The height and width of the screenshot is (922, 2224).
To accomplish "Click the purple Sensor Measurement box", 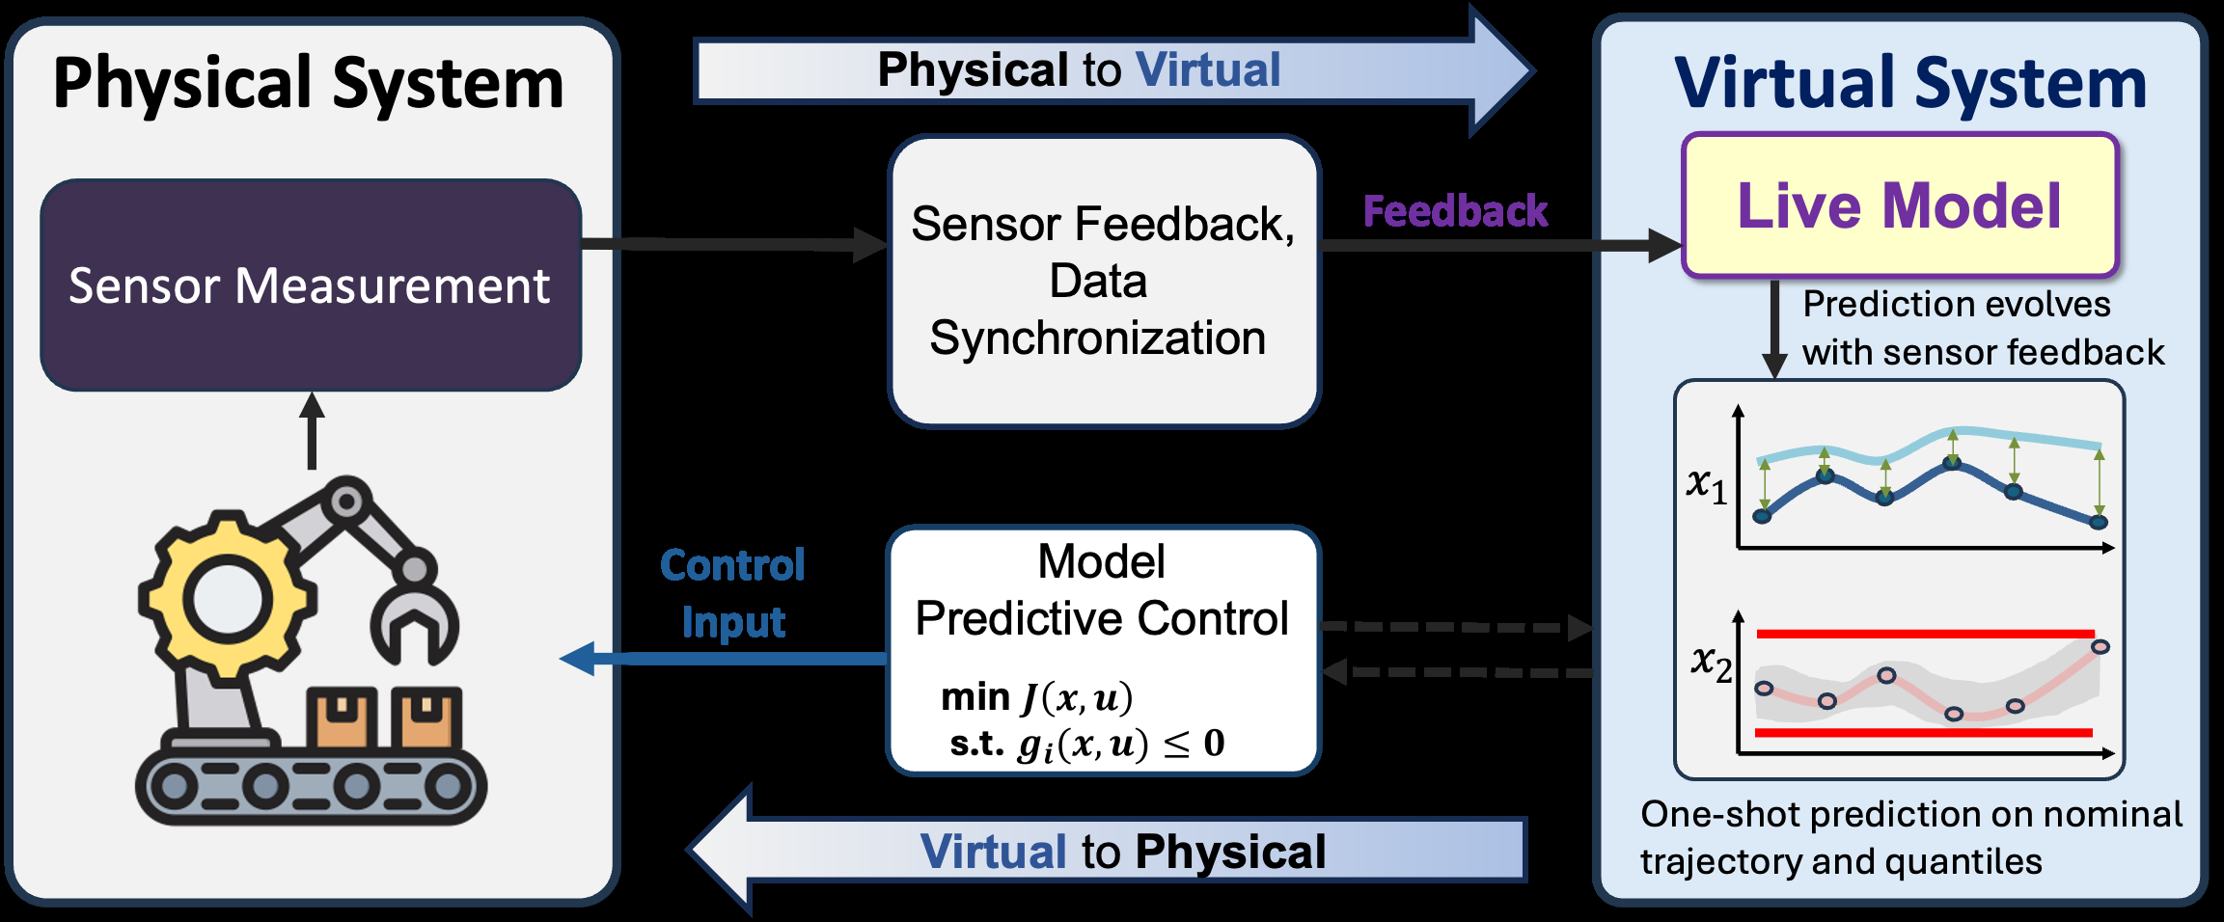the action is (x=311, y=285).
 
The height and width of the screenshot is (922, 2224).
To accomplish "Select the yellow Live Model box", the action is (x=1900, y=205).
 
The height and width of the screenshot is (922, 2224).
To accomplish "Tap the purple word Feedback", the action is (x=1455, y=211).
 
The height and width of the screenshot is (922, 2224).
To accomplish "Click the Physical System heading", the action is (x=308, y=84).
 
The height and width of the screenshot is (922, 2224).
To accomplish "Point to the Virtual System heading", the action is (x=1910, y=84).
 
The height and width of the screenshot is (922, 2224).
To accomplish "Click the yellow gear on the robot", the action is (x=227, y=598).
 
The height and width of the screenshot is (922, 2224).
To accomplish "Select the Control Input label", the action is (x=732, y=593).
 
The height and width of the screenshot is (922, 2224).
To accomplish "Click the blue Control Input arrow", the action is (x=724, y=659).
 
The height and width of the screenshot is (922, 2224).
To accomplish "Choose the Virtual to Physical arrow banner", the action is (x=1107, y=851).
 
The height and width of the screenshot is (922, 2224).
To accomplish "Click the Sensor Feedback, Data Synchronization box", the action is (x=1104, y=281).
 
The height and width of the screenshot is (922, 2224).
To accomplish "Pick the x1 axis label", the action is (x=1707, y=484).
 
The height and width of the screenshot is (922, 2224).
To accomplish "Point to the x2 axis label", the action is (x=1711, y=664).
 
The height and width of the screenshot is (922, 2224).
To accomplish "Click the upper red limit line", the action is (x=1925, y=634).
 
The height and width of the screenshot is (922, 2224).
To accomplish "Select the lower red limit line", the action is (x=1923, y=733).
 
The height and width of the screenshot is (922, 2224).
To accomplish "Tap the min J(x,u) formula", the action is (x=1037, y=697).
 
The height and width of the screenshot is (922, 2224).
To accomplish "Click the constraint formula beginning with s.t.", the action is (x=1087, y=745).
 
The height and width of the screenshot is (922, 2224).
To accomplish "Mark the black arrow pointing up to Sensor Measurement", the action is (x=311, y=430).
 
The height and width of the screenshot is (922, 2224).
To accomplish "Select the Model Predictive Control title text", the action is (x=1102, y=589).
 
